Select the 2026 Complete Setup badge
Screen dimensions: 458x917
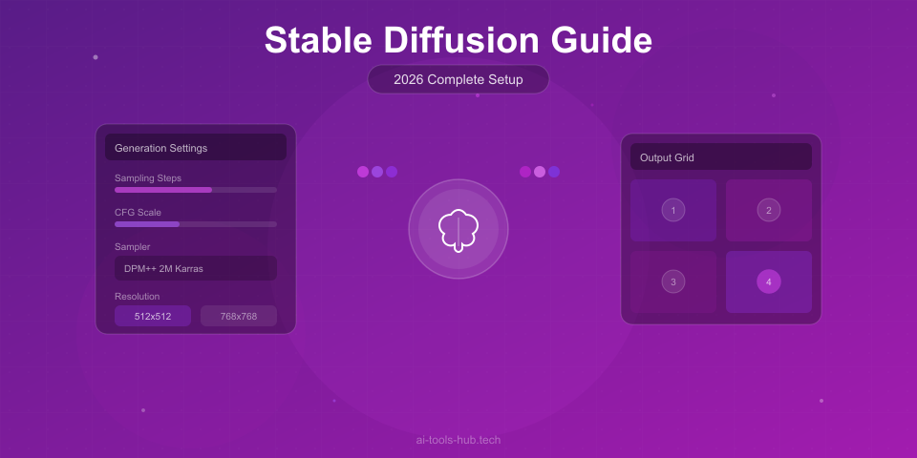click(458, 79)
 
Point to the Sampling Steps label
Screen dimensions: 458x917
click(148, 177)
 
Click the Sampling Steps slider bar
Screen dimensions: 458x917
click(196, 190)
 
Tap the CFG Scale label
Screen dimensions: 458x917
click(138, 212)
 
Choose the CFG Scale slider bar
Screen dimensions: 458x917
click(196, 224)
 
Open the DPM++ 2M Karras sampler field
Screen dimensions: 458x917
click(196, 268)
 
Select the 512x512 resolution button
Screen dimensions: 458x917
click(153, 316)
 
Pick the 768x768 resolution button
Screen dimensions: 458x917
click(239, 316)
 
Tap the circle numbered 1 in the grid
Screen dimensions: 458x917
click(673, 210)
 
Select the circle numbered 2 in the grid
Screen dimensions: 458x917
click(769, 210)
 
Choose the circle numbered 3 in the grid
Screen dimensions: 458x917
click(673, 281)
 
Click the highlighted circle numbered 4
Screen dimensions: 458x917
click(769, 281)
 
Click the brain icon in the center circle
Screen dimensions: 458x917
click(458, 230)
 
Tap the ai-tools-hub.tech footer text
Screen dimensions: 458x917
click(458, 440)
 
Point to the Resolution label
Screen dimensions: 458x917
click(138, 296)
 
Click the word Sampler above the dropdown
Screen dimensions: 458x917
click(132, 246)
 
